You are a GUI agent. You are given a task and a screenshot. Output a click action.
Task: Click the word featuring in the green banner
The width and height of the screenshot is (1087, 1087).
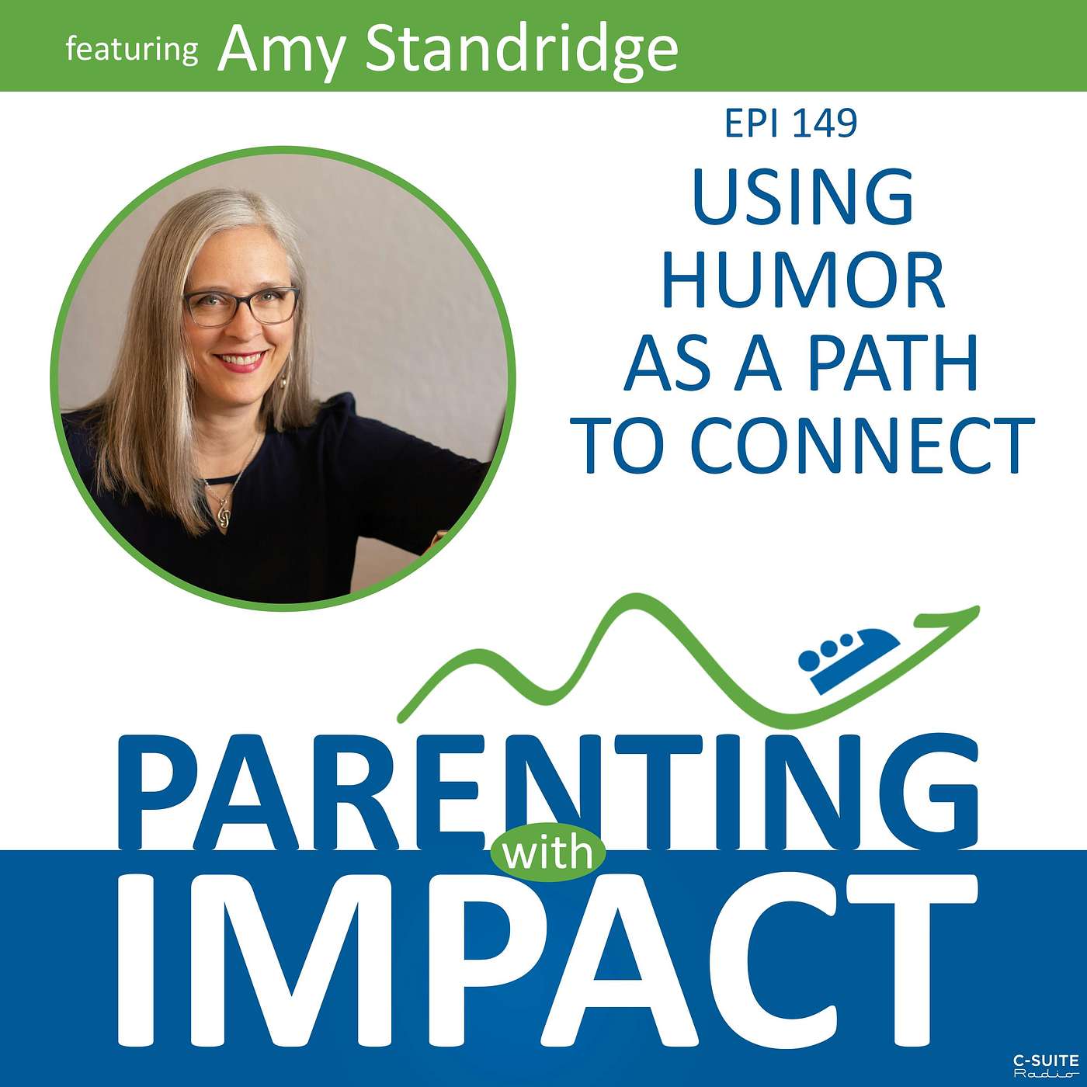[x=131, y=50]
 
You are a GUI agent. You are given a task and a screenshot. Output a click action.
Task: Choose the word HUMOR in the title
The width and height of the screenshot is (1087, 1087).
[x=804, y=280]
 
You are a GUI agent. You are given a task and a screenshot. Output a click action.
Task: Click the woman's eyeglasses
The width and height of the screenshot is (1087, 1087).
[x=242, y=306]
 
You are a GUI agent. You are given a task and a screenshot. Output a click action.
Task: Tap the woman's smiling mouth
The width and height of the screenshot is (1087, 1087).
[x=240, y=361]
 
